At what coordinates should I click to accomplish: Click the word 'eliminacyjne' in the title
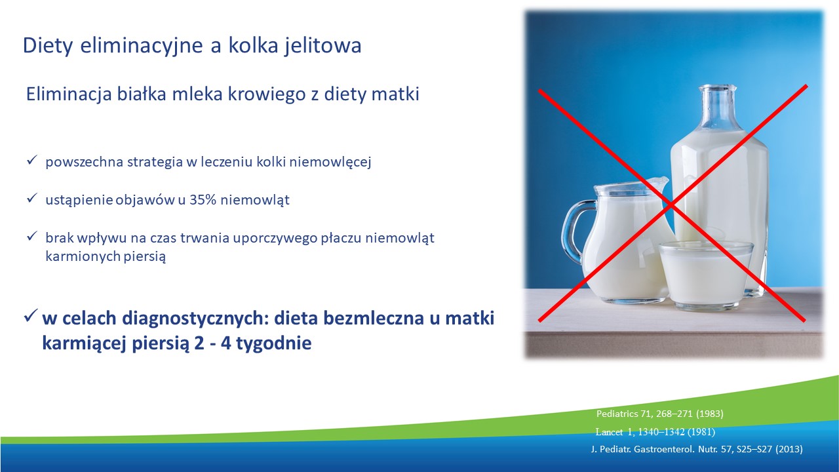pyautogui.click(x=142, y=46)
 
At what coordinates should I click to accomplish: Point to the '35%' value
pyautogui.click(x=203, y=200)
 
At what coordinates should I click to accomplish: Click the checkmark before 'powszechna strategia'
pyautogui.click(x=32, y=161)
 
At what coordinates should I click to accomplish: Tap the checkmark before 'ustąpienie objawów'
pyautogui.click(x=32, y=198)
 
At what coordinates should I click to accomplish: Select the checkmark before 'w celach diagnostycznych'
pyautogui.click(x=31, y=316)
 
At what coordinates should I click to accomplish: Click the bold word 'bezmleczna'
pyautogui.click(x=374, y=318)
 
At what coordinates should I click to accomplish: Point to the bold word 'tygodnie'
pyautogui.click(x=274, y=343)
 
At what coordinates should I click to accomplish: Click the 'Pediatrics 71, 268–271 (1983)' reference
pyautogui.click(x=659, y=414)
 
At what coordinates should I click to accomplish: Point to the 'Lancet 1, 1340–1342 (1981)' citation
pyautogui.click(x=655, y=432)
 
